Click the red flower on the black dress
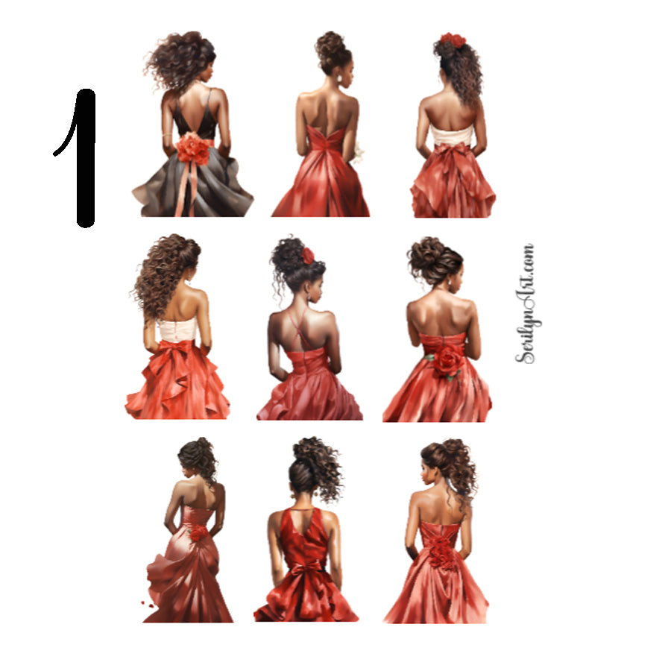[192, 148]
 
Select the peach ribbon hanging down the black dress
[182, 190]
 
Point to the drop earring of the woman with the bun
[339, 78]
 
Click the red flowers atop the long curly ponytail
[452, 40]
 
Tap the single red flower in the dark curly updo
[308, 256]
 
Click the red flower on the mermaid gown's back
[198, 533]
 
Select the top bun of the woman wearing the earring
[331, 42]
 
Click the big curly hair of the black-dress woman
[183, 60]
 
